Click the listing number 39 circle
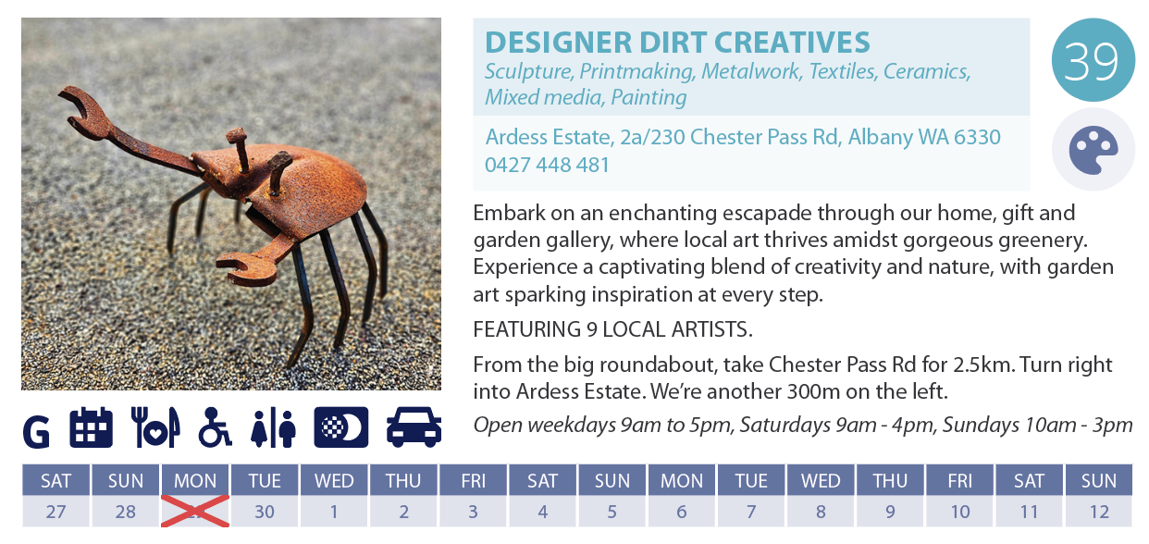(1093, 59)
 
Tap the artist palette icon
(1093, 150)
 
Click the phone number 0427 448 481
(547, 165)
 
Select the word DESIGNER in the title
(558, 42)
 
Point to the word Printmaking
(636, 72)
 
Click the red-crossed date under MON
(195, 511)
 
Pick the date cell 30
(265, 512)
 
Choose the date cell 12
(1099, 512)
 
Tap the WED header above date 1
(334, 480)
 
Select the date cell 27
(56, 512)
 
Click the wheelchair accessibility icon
(215, 427)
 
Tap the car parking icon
(414, 427)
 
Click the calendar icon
(92, 427)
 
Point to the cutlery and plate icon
(156, 427)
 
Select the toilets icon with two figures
(274, 428)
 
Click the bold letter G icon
(36, 432)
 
